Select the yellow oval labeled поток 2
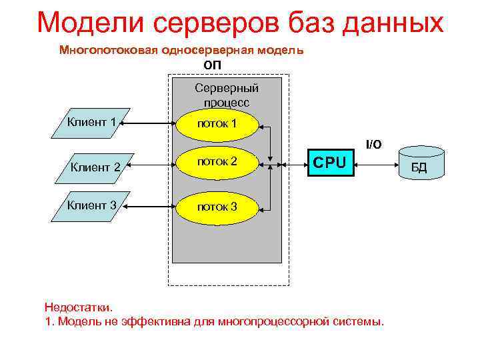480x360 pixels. coord(217,162)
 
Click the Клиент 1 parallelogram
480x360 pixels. coord(91,123)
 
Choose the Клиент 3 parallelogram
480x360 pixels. coord(91,205)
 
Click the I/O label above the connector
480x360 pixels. coord(373,144)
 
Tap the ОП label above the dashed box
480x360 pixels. coord(212,65)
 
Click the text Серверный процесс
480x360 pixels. coord(227,95)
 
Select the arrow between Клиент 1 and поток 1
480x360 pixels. coord(152,123)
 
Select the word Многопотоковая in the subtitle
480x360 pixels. coord(101,50)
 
